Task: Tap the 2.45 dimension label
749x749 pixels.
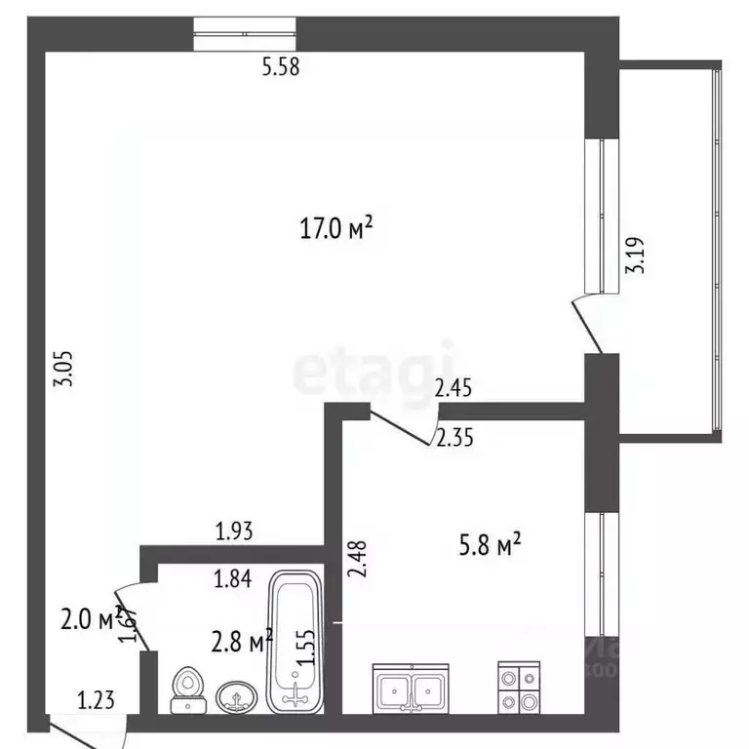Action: (x=453, y=389)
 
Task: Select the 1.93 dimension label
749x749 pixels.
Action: (x=234, y=532)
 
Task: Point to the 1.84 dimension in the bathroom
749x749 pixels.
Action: (x=234, y=579)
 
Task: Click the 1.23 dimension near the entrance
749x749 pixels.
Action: (x=97, y=698)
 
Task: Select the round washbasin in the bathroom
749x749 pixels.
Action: (x=235, y=696)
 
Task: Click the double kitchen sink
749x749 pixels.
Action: (x=410, y=688)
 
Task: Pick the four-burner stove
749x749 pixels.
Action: (x=518, y=688)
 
